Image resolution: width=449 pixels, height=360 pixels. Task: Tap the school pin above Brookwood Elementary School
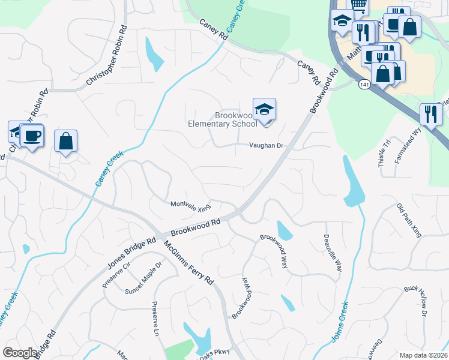[x=264, y=110]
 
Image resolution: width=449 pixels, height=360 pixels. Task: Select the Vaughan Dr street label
[x=266, y=146]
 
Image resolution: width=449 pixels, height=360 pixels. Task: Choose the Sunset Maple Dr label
[x=144, y=278]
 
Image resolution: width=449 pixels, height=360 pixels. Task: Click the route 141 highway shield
[x=364, y=85]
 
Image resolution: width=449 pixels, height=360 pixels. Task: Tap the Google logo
[x=20, y=353]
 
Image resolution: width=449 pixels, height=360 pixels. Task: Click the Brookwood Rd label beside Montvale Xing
[x=196, y=227]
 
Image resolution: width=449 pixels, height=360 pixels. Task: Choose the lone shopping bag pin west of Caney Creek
[x=66, y=142]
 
